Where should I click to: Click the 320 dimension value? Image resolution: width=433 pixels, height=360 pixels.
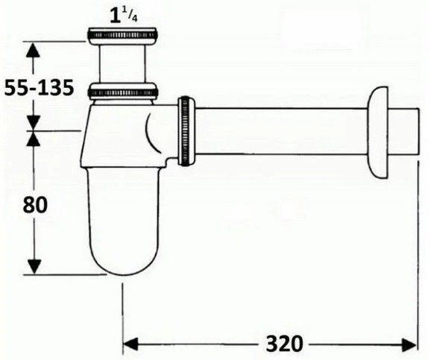pyautogui.click(x=284, y=344)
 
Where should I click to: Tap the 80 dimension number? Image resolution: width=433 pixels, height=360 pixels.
pyautogui.click(x=35, y=205)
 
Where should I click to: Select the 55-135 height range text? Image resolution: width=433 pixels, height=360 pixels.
pyautogui.click(x=39, y=87)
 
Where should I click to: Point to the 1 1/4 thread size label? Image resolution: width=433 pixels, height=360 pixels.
pyautogui.click(x=124, y=16)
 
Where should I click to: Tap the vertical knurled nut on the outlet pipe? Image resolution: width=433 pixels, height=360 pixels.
pyautogui.click(x=186, y=131)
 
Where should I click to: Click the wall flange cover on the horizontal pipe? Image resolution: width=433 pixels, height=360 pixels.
pyautogui.click(x=378, y=133)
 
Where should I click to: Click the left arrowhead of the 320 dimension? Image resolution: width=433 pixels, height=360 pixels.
pyautogui.click(x=130, y=344)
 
